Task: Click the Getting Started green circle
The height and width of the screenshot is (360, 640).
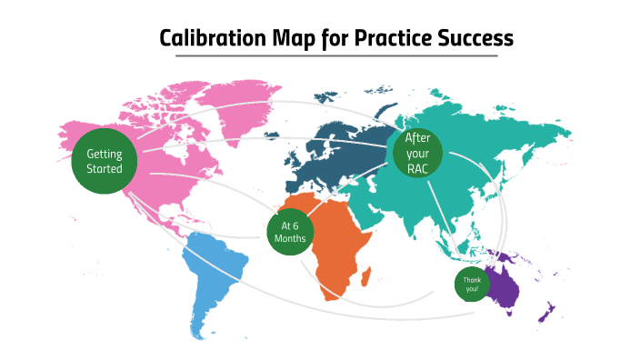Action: pos(104,161)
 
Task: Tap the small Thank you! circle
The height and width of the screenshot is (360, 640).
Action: pos(472,285)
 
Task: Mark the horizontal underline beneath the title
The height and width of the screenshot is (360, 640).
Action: pos(336,56)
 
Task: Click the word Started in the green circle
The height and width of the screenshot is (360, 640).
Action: pos(104,169)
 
